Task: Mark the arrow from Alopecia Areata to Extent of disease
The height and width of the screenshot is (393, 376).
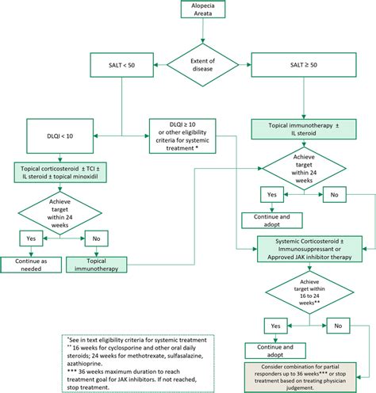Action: [205, 36]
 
